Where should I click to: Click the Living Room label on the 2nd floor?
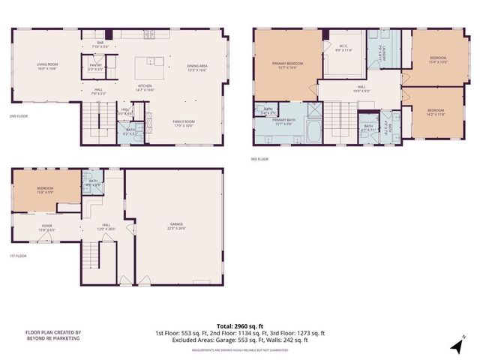point(47,67)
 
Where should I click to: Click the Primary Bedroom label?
point(286,65)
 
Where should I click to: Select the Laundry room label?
point(380,51)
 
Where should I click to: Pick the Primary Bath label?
point(288,121)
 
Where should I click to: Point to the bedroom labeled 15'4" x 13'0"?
point(438,59)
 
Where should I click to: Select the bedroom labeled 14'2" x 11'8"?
point(436,112)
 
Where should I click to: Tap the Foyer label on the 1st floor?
point(47,226)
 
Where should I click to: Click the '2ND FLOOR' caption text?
point(19,116)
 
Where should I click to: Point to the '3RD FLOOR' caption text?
point(259,159)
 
